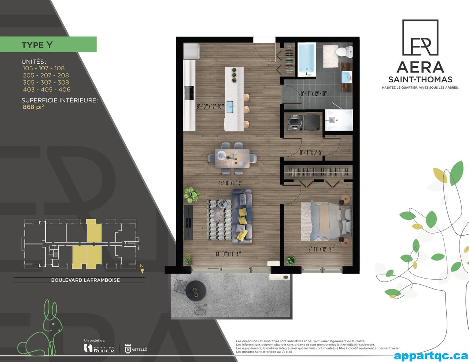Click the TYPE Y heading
click(x=37, y=45)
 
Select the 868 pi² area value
click(x=33, y=107)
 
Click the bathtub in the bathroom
click(x=307, y=59)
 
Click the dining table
click(x=232, y=158)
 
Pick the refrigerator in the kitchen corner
click(x=191, y=51)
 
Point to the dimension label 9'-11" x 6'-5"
click(x=311, y=152)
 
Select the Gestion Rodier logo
click(x=99, y=348)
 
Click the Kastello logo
click(x=136, y=349)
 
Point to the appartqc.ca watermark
click(x=430, y=355)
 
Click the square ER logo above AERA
click(x=420, y=38)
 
